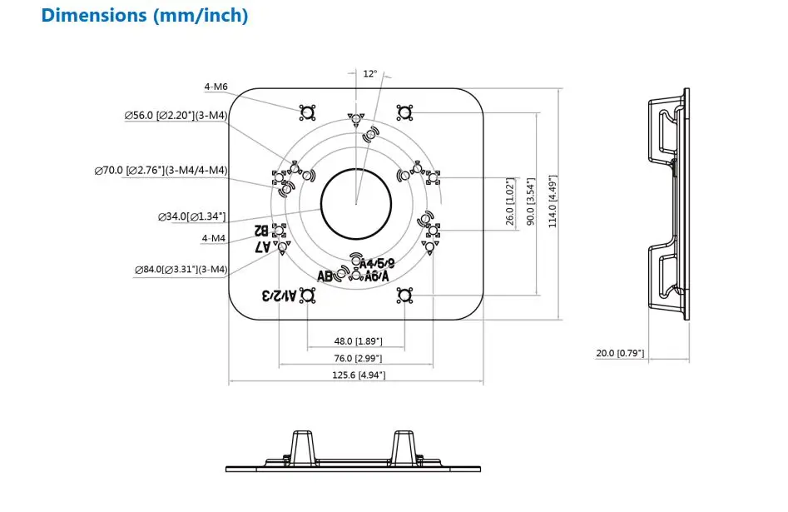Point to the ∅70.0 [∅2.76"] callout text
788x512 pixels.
pos(161,170)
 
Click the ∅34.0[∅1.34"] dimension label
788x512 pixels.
pos(191,216)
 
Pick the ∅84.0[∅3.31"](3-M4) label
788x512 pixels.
pos(181,270)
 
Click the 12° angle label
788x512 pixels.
pos(370,74)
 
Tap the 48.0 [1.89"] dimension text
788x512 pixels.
pos(356,341)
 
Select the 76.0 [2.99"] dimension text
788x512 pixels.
pos(356,358)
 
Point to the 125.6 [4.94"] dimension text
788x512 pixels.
pos(356,375)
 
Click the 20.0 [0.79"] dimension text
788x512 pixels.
pos(620,353)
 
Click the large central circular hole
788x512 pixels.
pos(356,203)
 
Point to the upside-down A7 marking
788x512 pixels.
pos(263,247)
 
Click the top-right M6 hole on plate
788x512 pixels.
pos(404,112)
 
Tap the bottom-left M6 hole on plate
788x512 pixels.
pos(307,295)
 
